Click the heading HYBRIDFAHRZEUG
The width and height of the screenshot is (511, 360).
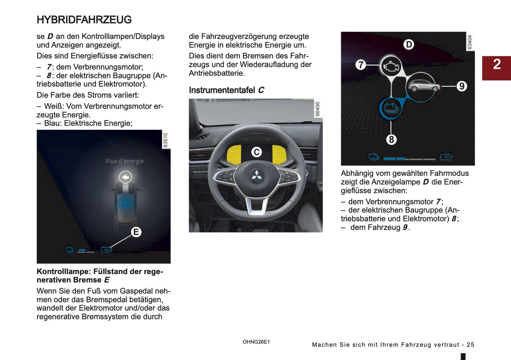84,20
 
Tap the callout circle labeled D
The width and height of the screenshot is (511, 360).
409,45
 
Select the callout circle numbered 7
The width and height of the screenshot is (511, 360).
360,65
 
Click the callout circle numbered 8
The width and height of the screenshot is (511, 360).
391,140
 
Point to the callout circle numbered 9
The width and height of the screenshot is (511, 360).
461,86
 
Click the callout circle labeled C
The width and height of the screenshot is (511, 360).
256,152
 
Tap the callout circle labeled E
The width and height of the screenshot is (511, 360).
136,232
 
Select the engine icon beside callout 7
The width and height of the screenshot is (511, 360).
391,66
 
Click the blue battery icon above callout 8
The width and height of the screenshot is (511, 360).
390,108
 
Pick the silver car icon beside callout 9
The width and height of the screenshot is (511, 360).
423,85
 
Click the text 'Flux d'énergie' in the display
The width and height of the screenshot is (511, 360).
125,161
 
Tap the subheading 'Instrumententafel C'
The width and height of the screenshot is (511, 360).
226,90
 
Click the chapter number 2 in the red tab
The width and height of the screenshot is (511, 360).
497,64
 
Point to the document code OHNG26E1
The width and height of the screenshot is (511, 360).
256,342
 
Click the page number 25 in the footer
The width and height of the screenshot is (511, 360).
470,345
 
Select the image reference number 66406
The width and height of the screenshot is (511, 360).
318,109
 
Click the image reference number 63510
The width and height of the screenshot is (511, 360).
166,140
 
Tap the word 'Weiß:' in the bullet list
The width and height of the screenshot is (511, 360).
54,106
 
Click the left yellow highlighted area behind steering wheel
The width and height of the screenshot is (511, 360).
234,154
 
